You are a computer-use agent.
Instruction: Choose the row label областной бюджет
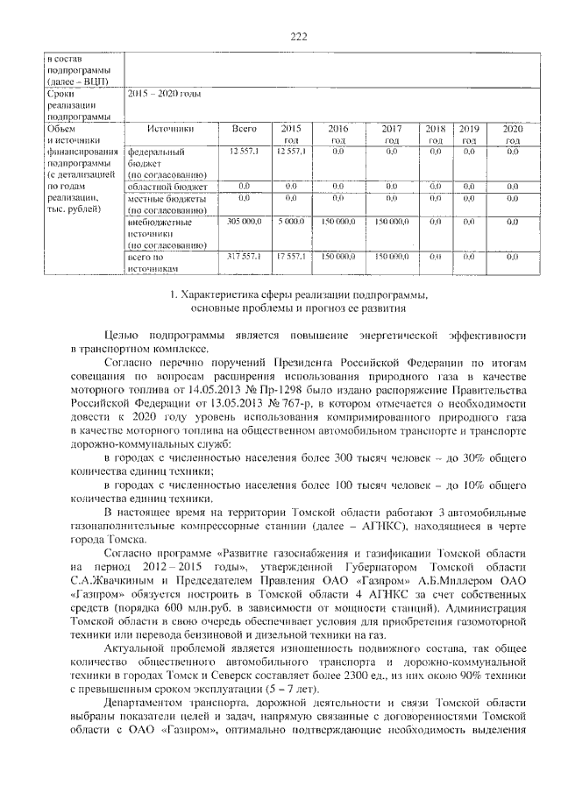coord(167,187)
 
